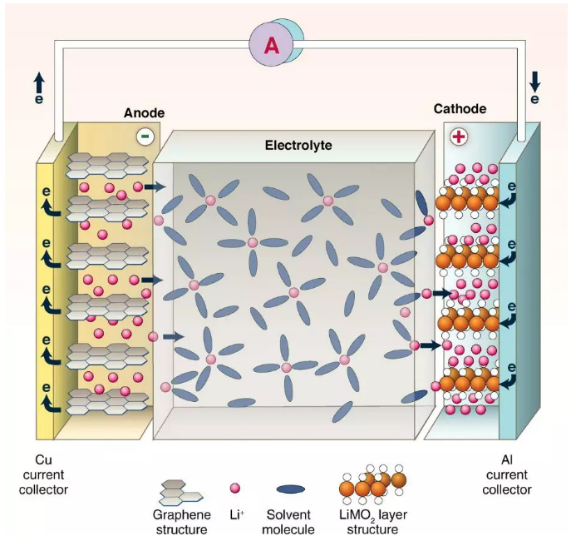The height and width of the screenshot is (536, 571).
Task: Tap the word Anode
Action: click(x=144, y=112)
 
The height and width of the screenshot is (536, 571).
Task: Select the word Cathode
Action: click(x=460, y=109)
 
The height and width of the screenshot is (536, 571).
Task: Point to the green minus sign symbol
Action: click(x=145, y=135)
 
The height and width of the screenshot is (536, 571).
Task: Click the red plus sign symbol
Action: click(x=458, y=136)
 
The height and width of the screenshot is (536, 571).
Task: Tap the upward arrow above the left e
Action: click(x=39, y=81)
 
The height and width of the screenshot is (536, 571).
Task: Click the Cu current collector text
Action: click(x=43, y=474)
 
